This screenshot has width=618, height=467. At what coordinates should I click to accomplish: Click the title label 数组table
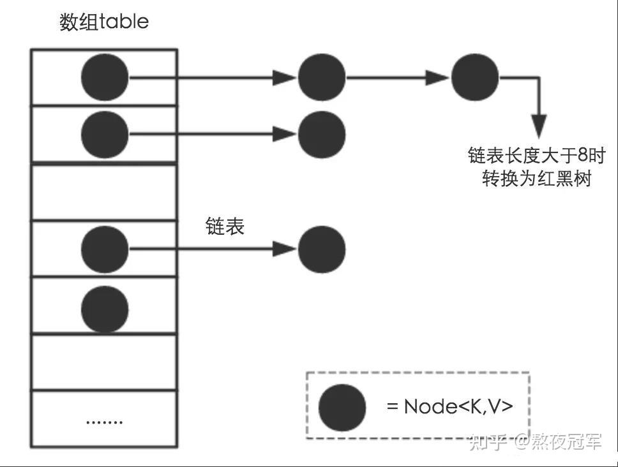(x=104, y=22)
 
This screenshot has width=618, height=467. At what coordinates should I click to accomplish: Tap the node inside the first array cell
(x=105, y=78)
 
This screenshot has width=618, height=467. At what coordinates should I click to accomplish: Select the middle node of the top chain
(x=322, y=78)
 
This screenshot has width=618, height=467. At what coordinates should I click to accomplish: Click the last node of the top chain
(x=475, y=78)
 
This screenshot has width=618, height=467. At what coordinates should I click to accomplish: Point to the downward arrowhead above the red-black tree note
(x=539, y=126)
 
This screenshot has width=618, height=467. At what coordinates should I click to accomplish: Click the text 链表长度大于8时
(x=536, y=156)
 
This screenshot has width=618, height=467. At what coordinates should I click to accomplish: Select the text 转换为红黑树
(x=536, y=179)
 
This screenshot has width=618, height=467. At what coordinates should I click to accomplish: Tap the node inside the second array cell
(x=105, y=134)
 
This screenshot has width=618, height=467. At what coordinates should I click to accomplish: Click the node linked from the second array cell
(x=322, y=134)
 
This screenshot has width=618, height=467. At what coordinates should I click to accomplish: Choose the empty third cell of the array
(x=105, y=191)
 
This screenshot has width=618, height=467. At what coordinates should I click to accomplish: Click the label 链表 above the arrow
(x=225, y=226)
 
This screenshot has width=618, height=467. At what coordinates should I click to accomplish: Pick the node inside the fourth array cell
(x=105, y=248)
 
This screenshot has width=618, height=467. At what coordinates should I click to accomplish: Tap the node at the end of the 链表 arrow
(x=322, y=248)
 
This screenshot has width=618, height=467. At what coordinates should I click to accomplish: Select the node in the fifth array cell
(x=105, y=308)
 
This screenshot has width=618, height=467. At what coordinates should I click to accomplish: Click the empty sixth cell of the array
(x=105, y=361)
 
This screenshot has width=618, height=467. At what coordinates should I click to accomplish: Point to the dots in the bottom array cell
(x=104, y=421)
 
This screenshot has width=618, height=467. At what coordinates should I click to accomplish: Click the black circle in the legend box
(x=342, y=407)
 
